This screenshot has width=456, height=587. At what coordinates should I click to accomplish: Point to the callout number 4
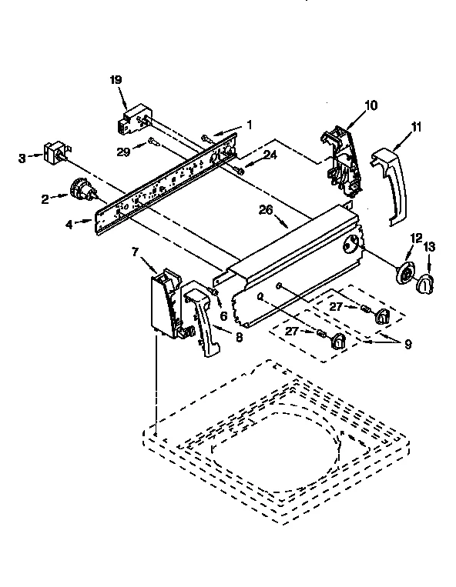(x=69, y=225)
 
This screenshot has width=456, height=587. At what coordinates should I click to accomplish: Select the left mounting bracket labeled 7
(x=168, y=304)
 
